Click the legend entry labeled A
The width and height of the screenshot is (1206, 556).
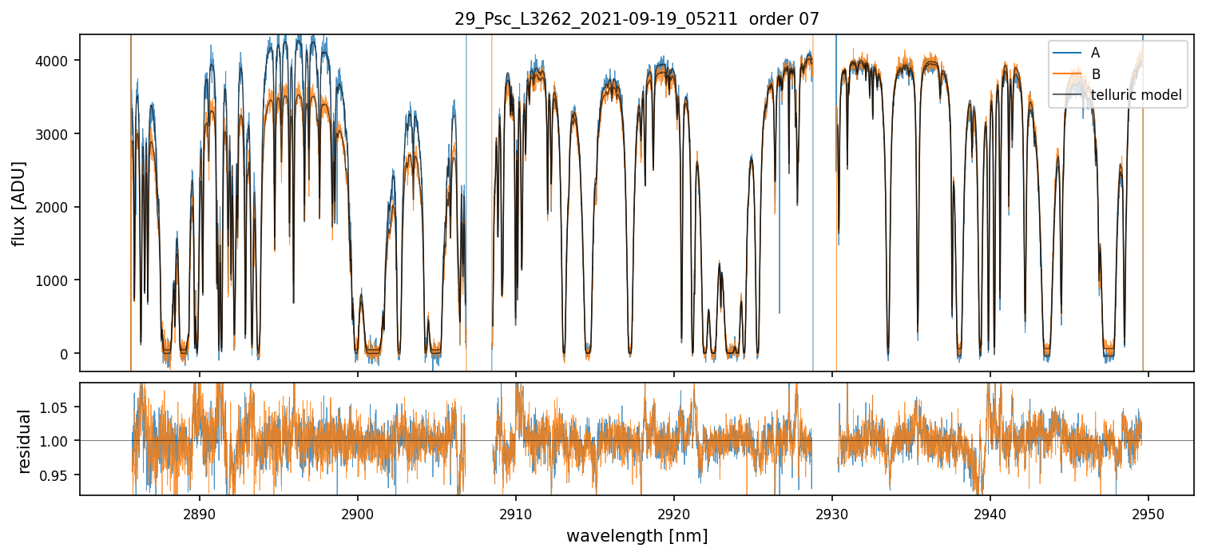[1095, 53]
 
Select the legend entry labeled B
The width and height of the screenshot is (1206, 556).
[1095, 74]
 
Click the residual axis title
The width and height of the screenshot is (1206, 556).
[24, 441]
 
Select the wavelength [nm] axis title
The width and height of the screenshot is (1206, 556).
[637, 535]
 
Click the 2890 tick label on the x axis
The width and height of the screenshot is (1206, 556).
[199, 512]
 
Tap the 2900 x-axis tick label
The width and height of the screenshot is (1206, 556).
[357, 512]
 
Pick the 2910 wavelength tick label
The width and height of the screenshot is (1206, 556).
[515, 512]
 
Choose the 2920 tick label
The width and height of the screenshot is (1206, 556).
[673, 512]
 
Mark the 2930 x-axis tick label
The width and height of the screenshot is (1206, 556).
[832, 512]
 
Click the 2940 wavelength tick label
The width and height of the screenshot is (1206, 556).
[990, 512]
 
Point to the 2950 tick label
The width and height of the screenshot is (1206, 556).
[1148, 512]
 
